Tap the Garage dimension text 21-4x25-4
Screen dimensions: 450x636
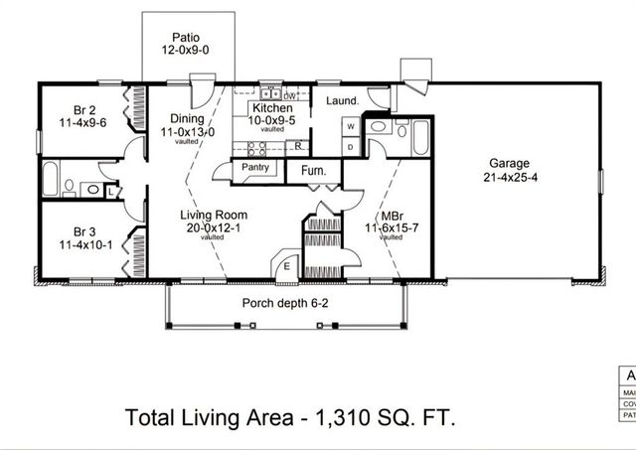tap(508, 180)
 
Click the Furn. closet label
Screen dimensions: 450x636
tap(314, 171)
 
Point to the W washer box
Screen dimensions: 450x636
tap(350, 127)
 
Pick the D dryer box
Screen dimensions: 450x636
tap(350, 146)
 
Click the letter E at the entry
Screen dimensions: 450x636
tap(287, 265)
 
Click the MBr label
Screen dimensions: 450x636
tap(392, 216)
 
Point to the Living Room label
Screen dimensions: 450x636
tap(213, 215)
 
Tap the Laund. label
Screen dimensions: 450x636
tap(343, 101)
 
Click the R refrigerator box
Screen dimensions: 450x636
tap(298, 146)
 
